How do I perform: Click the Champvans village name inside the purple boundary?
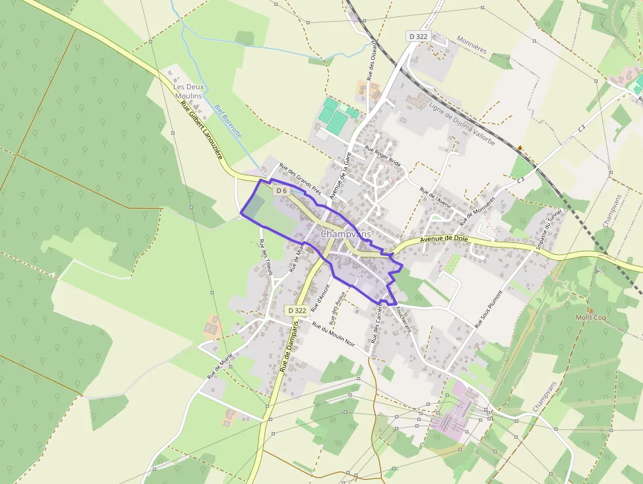pyautogui.click(x=346, y=234)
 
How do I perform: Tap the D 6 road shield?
pyautogui.click(x=281, y=190)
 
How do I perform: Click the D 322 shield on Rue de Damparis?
pyautogui.click(x=297, y=310)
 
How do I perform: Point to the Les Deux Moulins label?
pyautogui.click(x=188, y=91)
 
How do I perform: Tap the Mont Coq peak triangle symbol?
pyautogui.click(x=590, y=310)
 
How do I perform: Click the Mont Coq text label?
pyautogui.click(x=591, y=318)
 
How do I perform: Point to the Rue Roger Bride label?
pyautogui.click(x=383, y=156)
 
